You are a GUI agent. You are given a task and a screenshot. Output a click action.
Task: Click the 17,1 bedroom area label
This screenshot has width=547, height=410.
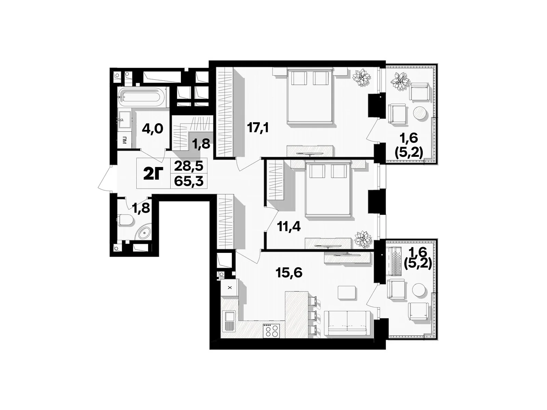tap(258, 128)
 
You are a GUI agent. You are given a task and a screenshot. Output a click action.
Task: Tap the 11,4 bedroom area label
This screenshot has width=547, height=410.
tap(289, 227)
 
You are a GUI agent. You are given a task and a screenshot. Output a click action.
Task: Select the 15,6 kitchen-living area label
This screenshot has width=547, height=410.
tap(289, 273)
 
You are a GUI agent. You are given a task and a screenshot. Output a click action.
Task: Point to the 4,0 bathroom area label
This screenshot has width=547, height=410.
tap(152, 129)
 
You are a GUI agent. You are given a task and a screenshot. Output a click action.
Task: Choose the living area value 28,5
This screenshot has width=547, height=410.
tap(189, 166)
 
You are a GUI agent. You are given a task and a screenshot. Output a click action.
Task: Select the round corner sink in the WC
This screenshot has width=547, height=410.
tap(144, 233)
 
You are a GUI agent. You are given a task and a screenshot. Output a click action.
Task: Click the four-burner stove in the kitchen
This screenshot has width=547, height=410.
tap(271, 331)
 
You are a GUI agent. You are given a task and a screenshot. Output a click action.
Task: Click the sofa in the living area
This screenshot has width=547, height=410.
tap(347, 323)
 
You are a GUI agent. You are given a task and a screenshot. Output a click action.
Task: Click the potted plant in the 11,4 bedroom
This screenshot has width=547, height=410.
tap(363, 240)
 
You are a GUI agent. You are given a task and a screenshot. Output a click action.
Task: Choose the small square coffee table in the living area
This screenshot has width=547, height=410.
tap(347, 292)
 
